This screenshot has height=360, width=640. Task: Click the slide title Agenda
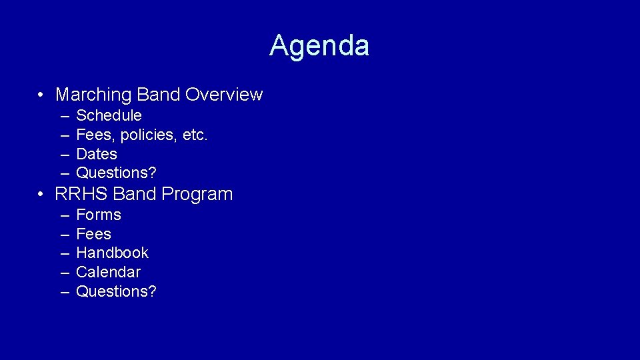pos(319,46)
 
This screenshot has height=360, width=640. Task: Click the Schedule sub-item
pos(109,115)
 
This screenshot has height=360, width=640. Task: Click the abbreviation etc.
pos(195,135)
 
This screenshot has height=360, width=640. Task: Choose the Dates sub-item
pos(97,154)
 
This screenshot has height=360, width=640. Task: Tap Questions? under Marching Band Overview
pos(116,173)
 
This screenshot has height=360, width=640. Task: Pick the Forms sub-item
pos(99,215)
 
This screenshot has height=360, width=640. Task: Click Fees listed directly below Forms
pos(93,234)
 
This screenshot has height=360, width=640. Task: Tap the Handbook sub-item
pos(112,253)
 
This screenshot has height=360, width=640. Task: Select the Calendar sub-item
pos(108,272)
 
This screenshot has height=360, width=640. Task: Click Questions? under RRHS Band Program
pos(116,291)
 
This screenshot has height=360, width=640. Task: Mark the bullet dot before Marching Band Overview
pos(41,95)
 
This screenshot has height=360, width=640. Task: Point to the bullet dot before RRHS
pos(41,195)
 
